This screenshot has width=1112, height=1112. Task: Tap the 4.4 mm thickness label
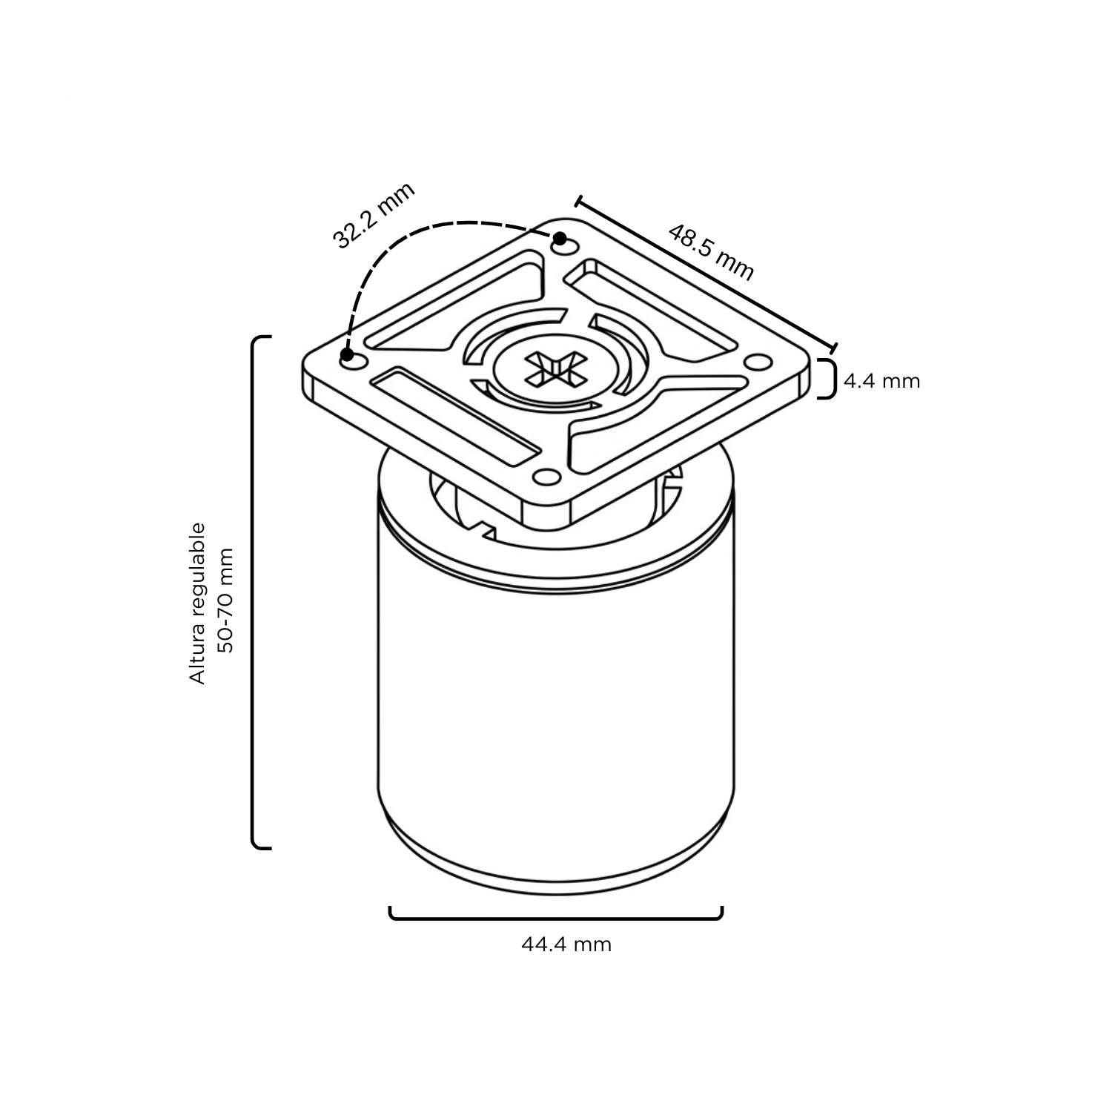[x=882, y=381]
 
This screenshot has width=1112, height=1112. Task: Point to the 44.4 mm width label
[x=566, y=944]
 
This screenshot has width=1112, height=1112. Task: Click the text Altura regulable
[x=197, y=603]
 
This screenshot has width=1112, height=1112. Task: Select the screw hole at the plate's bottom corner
[x=549, y=476]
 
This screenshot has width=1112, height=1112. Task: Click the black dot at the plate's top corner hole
[x=560, y=239]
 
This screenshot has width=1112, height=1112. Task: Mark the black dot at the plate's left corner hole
[x=347, y=354]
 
